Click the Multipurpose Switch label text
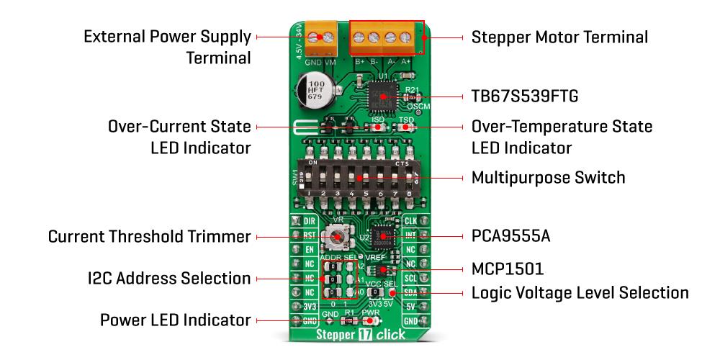[x=548, y=177]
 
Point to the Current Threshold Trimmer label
[x=149, y=236]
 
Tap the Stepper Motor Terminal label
[x=559, y=37]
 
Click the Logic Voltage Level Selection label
[x=580, y=293]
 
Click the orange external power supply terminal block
[x=322, y=38]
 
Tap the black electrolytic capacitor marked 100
[x=311, y=94]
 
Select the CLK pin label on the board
[x=410, y=221]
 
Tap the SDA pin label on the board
[x=410, y=292]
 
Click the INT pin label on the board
[x=410, y=235]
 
